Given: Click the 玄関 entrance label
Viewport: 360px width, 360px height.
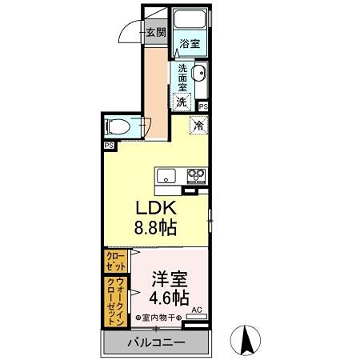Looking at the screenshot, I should tap(156, 33).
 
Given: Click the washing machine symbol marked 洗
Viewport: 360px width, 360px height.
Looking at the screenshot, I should tap(183, 102).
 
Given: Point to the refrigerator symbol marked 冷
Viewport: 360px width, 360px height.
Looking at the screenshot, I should tap(198, 125).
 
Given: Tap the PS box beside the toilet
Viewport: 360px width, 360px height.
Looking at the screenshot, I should tap(107, 146).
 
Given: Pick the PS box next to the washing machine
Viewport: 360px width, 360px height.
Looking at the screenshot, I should tap(203, 106).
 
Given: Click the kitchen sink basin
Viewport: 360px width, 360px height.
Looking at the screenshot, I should tap(166, 176).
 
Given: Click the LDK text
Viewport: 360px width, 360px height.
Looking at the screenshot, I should tap(155, 207).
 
